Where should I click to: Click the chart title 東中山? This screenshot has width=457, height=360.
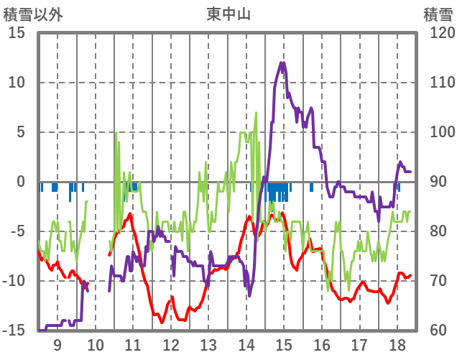(228, 14)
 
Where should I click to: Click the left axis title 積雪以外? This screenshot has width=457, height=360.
(33, 14)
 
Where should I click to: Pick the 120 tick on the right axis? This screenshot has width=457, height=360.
(438, 33)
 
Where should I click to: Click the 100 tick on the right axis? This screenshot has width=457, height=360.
(438, 132)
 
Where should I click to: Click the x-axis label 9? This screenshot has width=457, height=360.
(57, 345)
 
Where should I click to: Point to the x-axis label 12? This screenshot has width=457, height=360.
(171, 345)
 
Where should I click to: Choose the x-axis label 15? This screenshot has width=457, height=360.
(284, 345)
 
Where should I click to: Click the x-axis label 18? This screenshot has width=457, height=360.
(397, 345)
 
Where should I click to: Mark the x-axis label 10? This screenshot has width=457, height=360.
(95, 345)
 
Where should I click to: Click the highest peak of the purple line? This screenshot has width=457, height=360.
(282, 63)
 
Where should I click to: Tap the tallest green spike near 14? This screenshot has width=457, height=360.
(256, 113)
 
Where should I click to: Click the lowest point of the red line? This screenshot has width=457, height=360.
(154, 323)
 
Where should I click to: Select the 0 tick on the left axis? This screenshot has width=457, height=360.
(22, 182)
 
